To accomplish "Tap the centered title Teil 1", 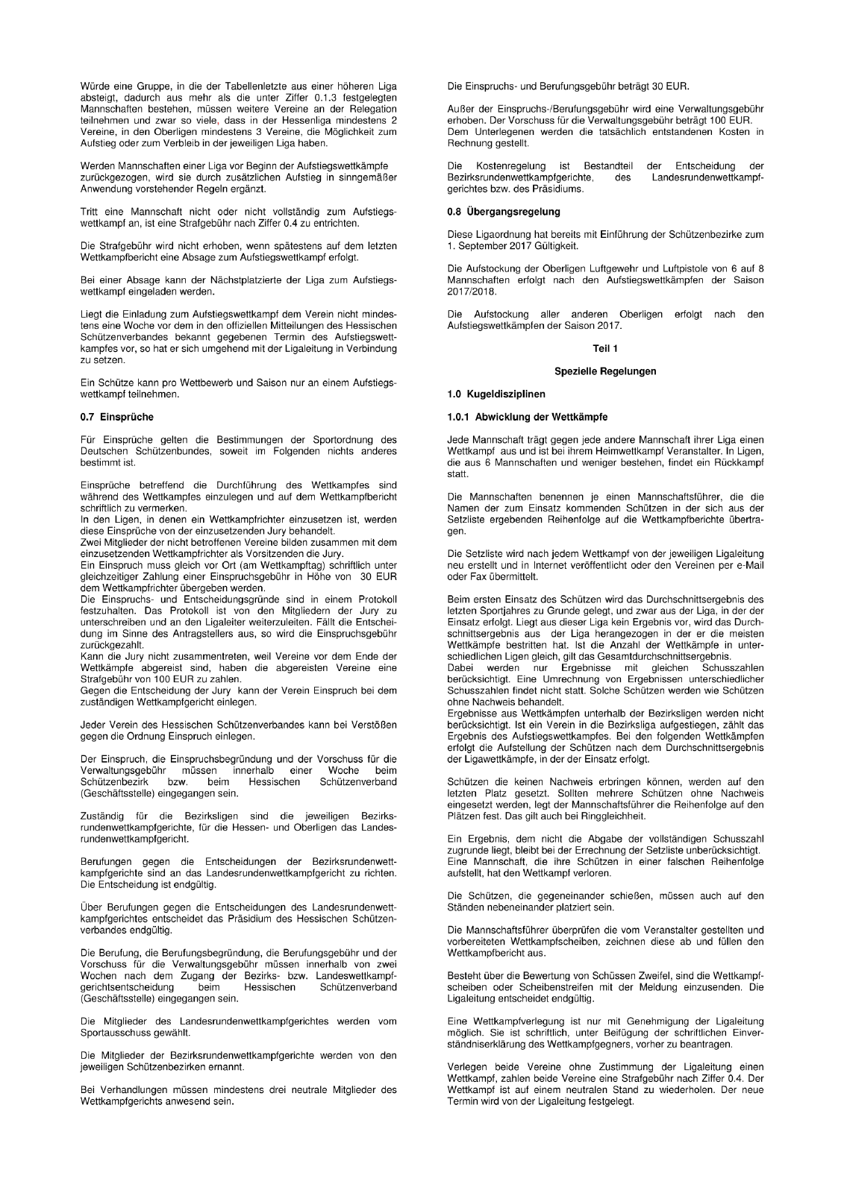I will point(604,348).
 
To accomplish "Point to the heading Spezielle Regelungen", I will point(604,371).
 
